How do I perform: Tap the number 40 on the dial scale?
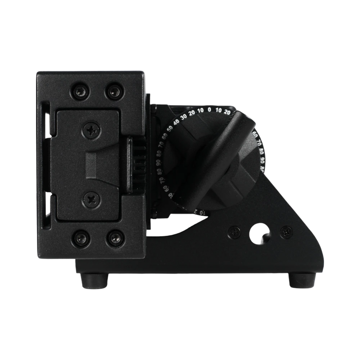[176, 121]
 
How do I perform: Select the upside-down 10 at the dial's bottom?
[201, 213]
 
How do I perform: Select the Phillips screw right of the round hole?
[287, 231]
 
